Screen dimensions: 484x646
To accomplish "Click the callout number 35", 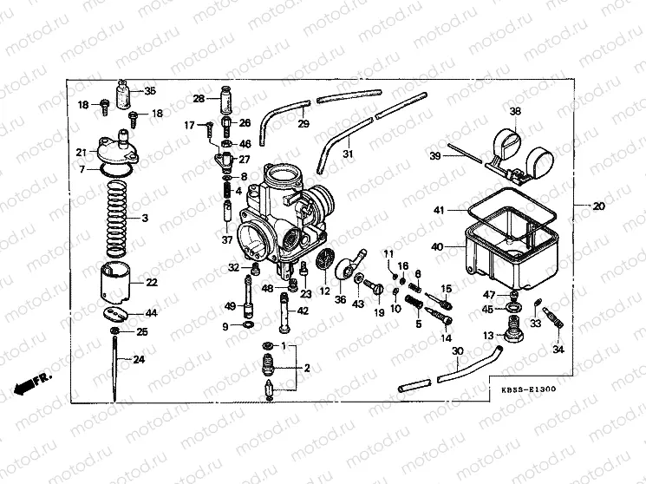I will tap(150, 91).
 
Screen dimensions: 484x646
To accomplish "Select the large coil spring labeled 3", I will tap(116, 217).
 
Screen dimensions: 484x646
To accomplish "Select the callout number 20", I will tap(598, 206).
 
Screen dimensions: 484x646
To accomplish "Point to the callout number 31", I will tap(349, 154).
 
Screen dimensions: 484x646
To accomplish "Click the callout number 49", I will tap(229, 305).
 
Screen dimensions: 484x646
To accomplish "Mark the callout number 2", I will tap(305, 368).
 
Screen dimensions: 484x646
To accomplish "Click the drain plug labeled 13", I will tap(513, 334).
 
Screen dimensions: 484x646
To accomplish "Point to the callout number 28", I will tap(198, 99).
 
